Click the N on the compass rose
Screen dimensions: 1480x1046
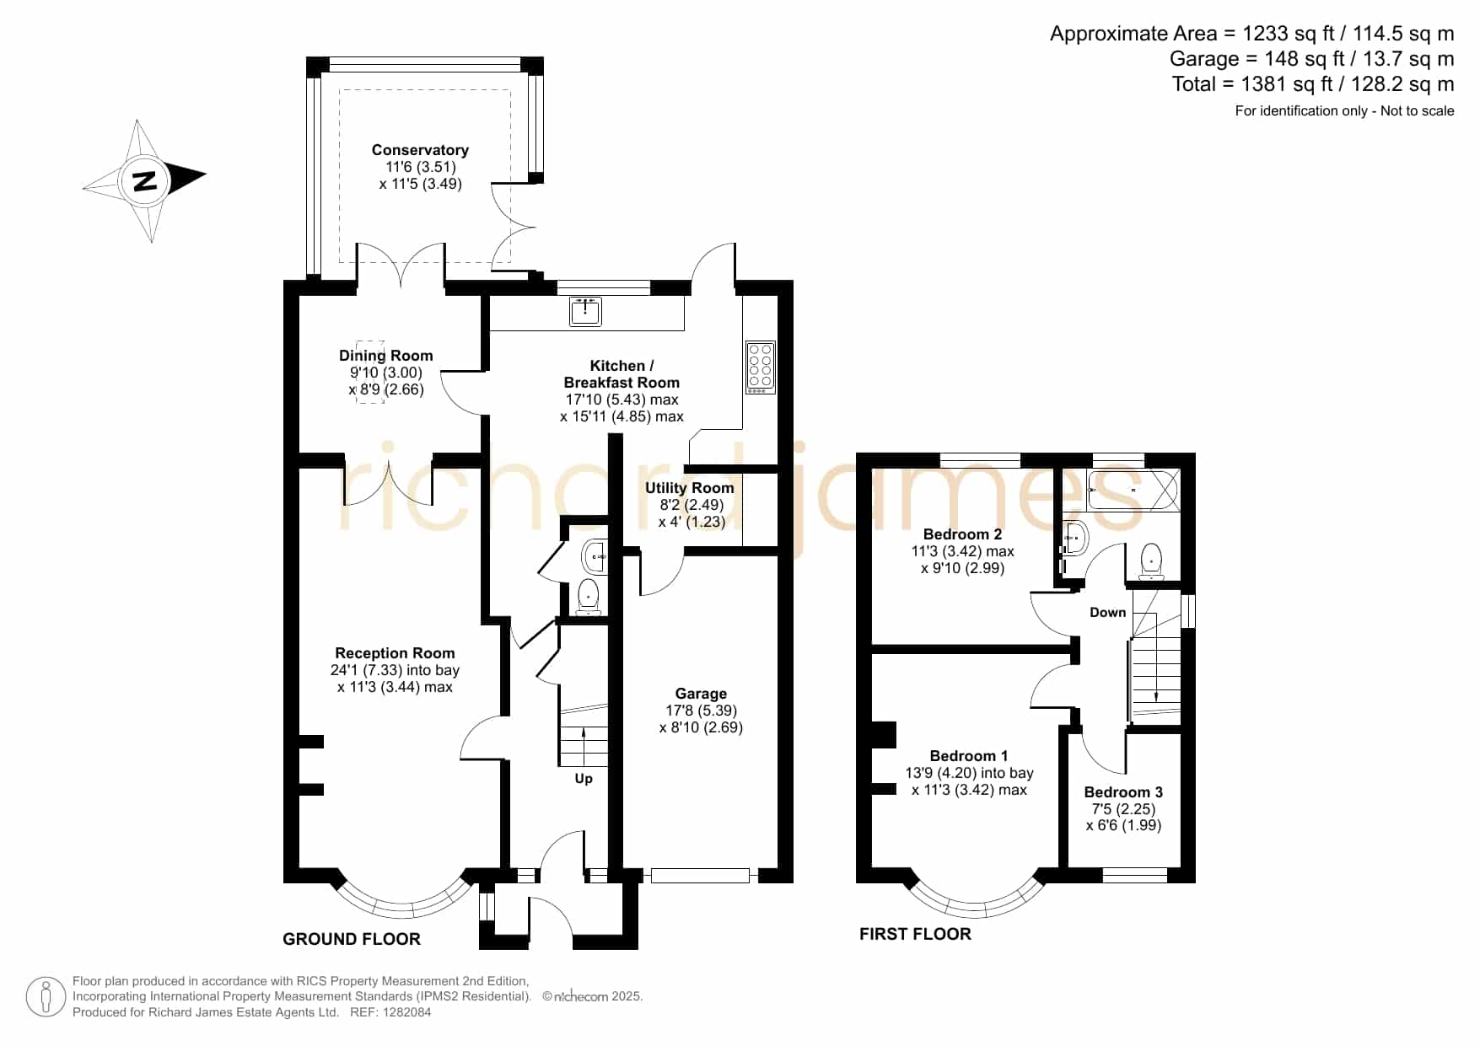tap(145, 181)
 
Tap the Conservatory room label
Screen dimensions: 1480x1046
tap(420, 150)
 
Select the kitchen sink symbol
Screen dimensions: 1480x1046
tap(585, 311)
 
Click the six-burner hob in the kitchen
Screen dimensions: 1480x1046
tap(760, 367)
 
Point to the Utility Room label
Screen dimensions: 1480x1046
tap(689, 488)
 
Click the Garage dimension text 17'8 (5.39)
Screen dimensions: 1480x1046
tap(701, 711)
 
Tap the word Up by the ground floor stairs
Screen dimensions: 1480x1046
tap(584, 779)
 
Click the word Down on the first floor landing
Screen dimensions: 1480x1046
tap(1107, 613)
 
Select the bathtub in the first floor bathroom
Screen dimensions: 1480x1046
tap(1133, 490)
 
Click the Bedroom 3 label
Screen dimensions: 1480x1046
tap(1123, 792)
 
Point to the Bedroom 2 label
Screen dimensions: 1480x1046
tap(962, 534)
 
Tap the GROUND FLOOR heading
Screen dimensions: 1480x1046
tap(352, 939)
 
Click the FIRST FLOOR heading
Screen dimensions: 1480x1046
tap(915, 934)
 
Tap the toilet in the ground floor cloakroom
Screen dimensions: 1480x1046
tap(588, 596)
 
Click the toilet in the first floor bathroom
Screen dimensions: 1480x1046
tap(1151, 561)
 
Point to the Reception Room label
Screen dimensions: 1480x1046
tap(395, 653)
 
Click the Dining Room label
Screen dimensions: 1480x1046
tap(386, 356)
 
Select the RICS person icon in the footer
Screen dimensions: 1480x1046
tap(46, 997)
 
